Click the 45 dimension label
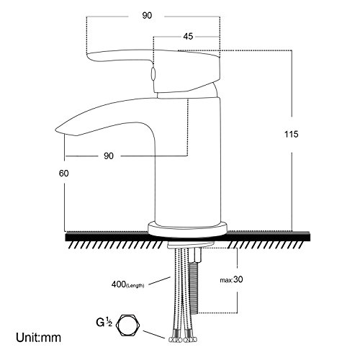188,37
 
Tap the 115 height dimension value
292,134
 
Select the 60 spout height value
64,173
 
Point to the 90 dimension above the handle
147,15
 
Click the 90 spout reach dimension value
109,156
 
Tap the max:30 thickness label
231,279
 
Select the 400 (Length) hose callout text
127,284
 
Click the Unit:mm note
38,338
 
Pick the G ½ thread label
104,322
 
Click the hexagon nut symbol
128,325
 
